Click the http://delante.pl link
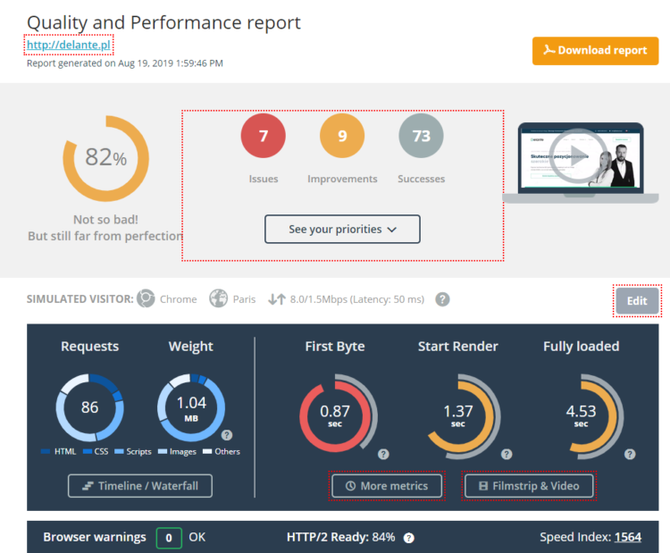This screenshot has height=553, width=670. coord(70,46)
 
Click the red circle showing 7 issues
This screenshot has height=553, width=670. coord(264,137)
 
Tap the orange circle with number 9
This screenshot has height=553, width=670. coord(342,137)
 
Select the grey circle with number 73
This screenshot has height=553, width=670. coord(421,137)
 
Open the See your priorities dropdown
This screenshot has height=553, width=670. coord(342,230)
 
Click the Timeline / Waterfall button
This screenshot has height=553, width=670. coord(140,486)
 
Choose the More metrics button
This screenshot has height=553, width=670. coord(387,486)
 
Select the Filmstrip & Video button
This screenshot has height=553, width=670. coord(529,486)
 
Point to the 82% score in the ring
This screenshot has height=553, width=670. coord(105,158)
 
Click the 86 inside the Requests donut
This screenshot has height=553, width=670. coord(90,408)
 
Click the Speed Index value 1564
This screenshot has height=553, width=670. coord(627,537)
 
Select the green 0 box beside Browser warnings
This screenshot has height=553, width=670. coord(169,538)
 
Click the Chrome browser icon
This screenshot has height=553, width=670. coord(146,299)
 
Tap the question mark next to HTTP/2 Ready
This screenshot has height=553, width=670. coord(409,538)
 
